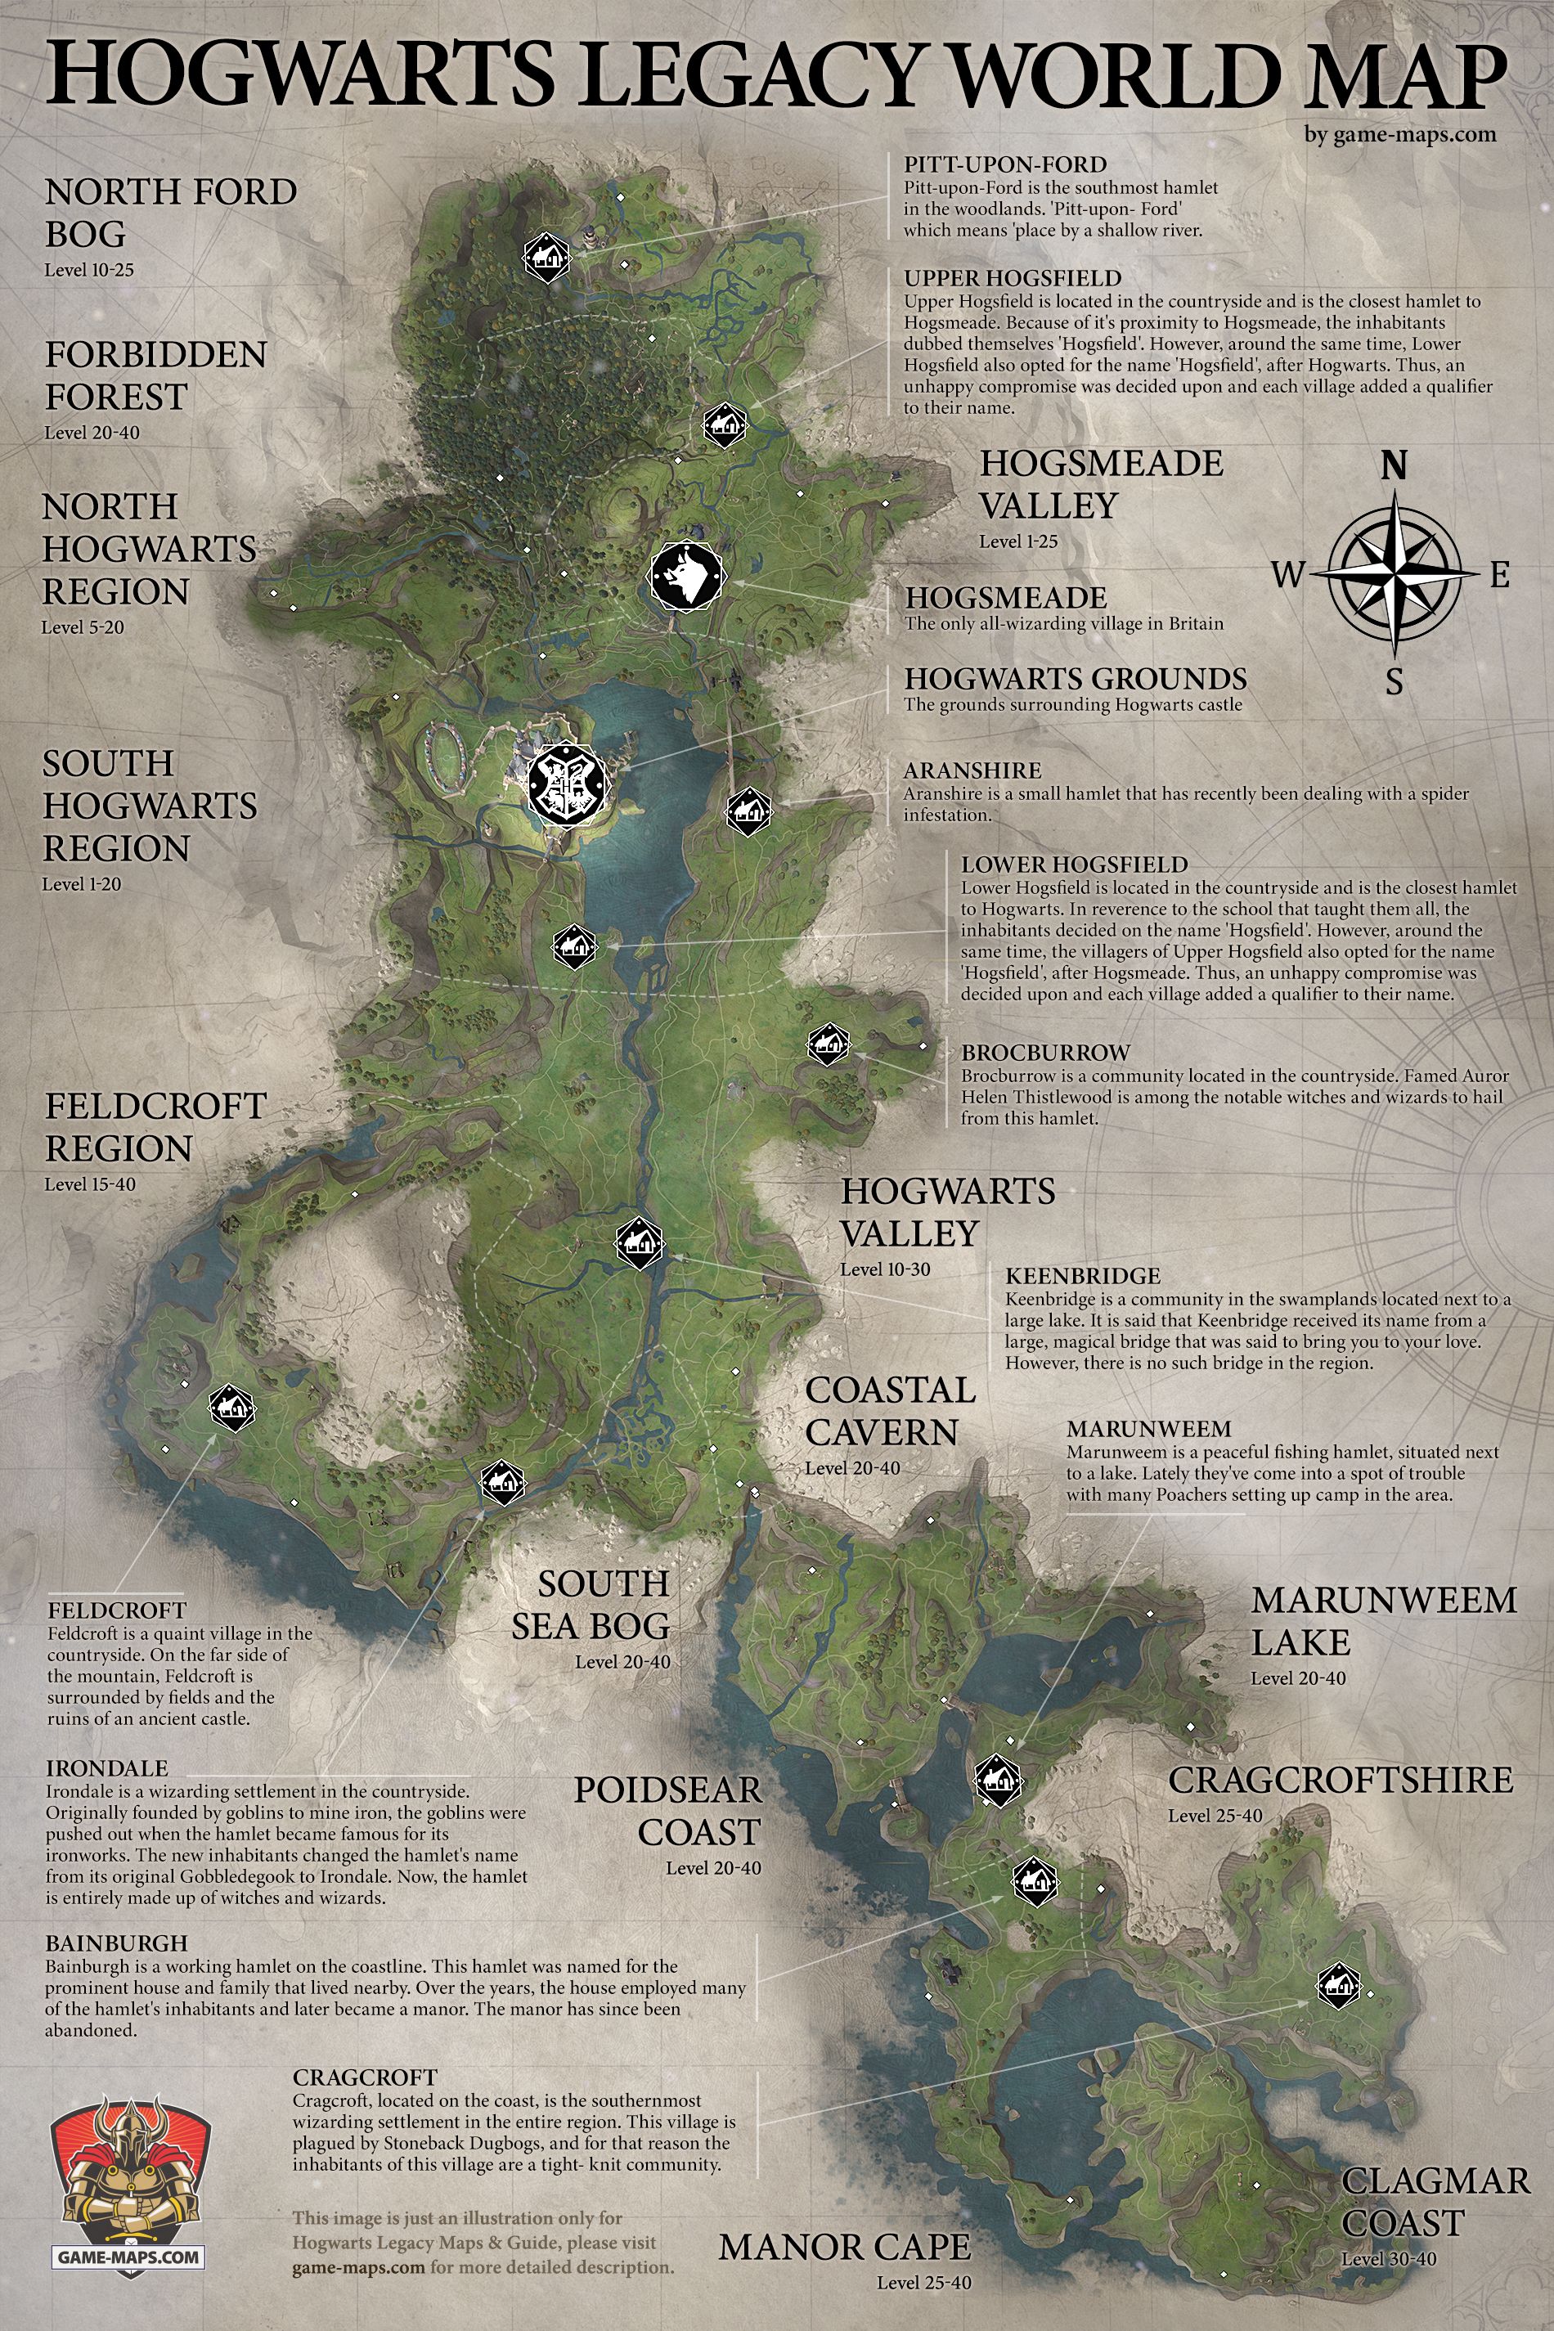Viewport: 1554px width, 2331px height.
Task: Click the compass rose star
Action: [1394, 574]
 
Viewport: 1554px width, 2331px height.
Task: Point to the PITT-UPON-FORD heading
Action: [1005, 164]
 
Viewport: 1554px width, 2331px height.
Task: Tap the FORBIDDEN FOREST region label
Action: [155, 375]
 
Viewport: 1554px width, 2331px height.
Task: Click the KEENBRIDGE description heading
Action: [1082, 1276]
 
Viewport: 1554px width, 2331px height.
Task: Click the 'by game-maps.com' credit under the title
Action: [1399, 134]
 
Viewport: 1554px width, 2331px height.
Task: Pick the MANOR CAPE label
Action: [844, 2246]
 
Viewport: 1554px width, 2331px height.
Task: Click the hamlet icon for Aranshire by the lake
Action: [748, 811]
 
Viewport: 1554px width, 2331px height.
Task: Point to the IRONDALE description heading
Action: [107, 1768]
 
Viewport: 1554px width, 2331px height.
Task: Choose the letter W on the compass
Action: [1287, 574]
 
